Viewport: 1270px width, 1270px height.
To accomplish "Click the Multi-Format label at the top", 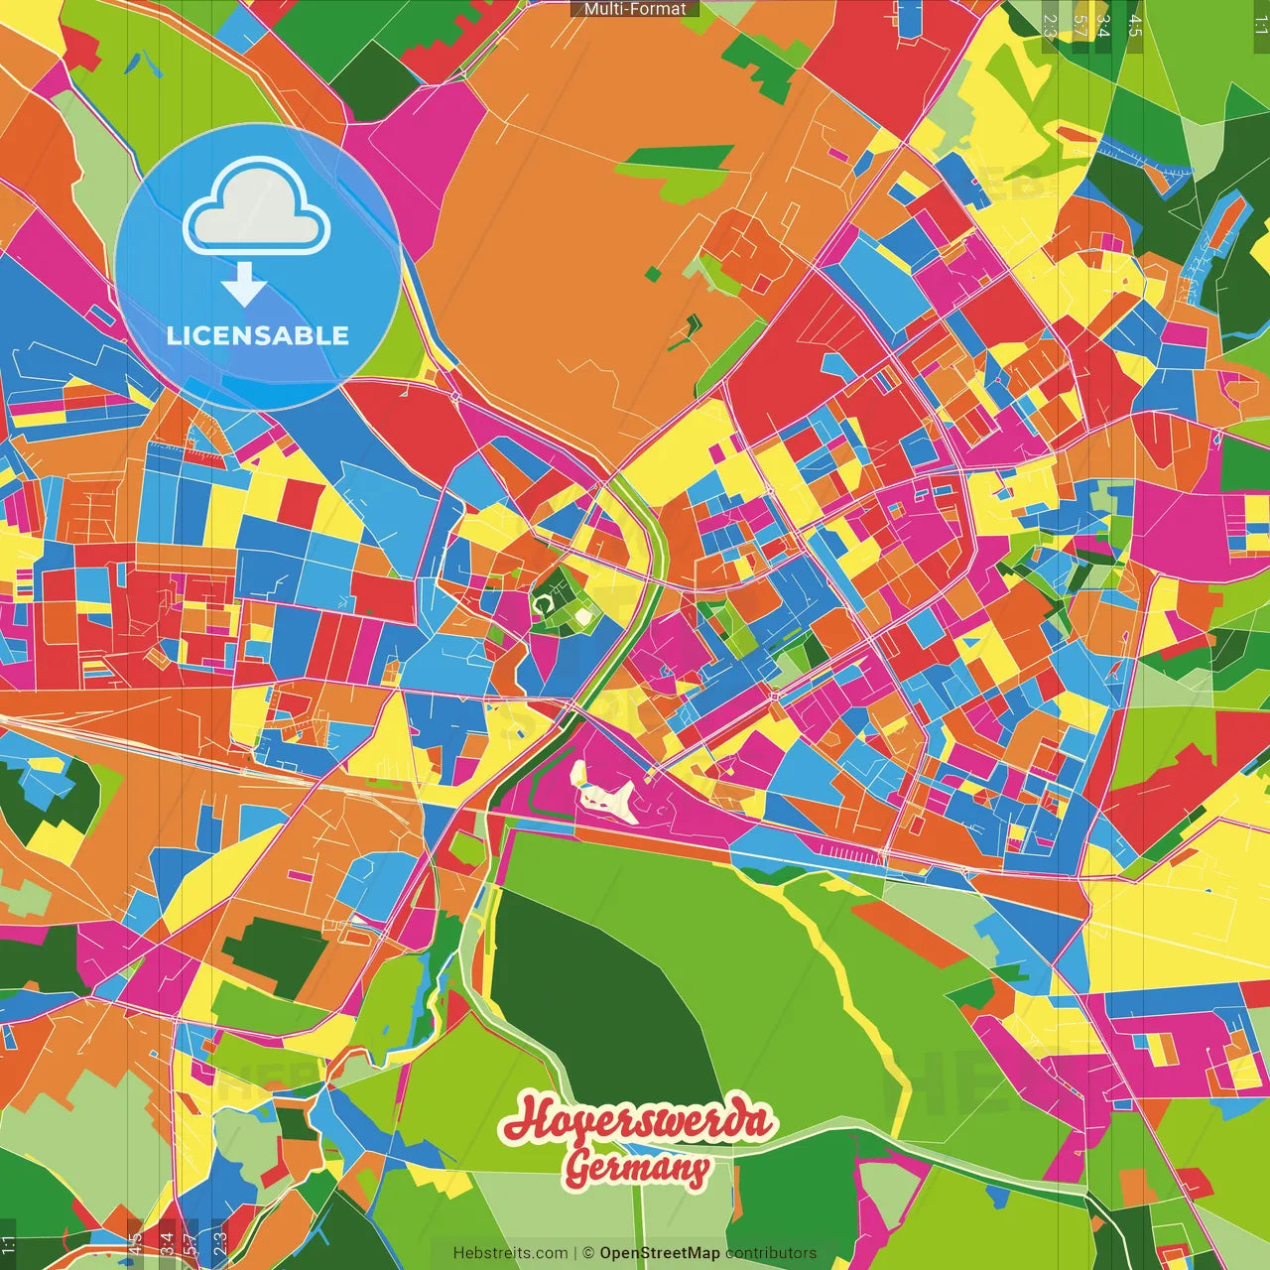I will tap(635, 9).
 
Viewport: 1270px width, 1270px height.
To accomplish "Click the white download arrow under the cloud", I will tap(244, 285).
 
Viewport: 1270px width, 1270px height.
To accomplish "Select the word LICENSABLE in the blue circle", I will tap(258, 335).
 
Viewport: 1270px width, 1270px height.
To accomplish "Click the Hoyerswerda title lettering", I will tap(638, 1121).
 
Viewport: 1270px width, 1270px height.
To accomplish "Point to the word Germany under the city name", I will tap(638, 1168).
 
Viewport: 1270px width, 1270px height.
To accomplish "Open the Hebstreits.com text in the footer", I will tap(510, 1253).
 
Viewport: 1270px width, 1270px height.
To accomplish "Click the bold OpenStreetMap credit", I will tap(660, 1253).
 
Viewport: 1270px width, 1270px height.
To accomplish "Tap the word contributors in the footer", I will tap(771, 1253).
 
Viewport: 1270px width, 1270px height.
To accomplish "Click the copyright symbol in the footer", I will tap(588, 1253).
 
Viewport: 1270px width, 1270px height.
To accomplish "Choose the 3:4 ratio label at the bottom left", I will tap(167, 1244).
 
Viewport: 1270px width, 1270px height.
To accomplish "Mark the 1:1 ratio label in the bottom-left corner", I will tap(9, 1244).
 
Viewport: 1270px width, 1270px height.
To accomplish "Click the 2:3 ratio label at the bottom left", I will tap(219, 1244).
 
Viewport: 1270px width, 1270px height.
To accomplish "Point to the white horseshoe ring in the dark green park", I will tap(542, 603).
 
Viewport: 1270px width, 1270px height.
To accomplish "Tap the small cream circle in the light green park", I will tap(583, 618).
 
